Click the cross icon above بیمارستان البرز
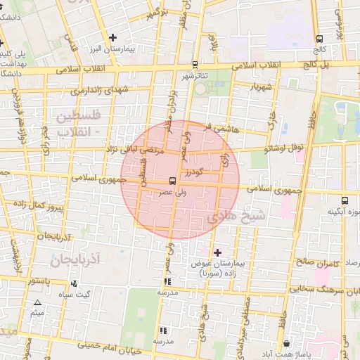[x=112, y=37]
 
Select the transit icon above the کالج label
[x=321, y=39]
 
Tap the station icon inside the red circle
[x=173, y=181]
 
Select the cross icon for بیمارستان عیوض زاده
[x=217, y=252]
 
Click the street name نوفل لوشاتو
[x=284, y=148]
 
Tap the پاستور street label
[x=39, y=281]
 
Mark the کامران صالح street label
[x=318, y=261]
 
